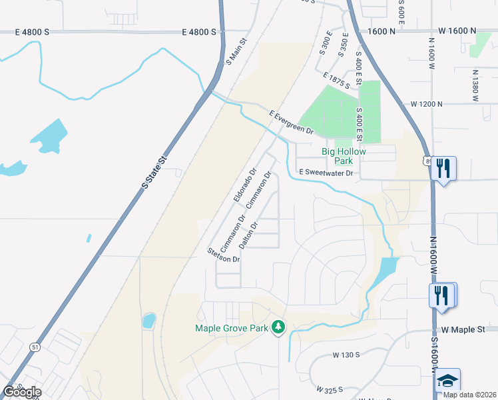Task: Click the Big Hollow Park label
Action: pos(344,156)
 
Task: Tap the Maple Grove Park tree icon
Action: pos(280,327)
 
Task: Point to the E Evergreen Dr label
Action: pos(292,122)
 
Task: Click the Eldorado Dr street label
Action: pos(245,185)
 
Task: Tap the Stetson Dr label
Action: pos(223,255)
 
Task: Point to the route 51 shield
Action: pos(35,347)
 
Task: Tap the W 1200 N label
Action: pos(427,104)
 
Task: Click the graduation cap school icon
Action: pos(448,380)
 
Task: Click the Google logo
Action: pos(22,391)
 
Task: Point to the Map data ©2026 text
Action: pos(469,394)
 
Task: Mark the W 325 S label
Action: pos(330,389)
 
